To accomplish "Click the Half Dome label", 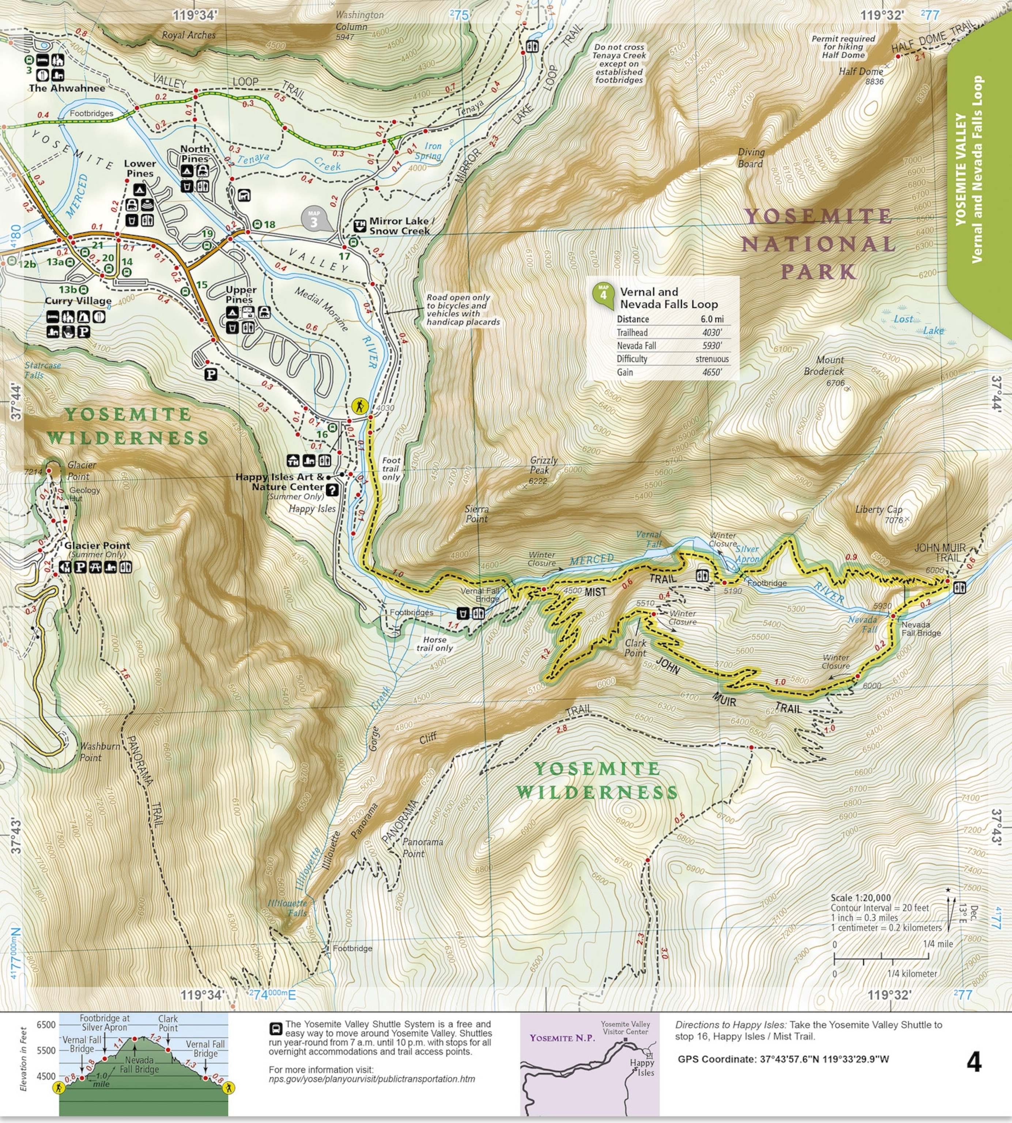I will click(x=861, y=72).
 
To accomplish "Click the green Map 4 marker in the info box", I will click(x=603, y=294).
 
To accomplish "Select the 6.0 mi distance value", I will click(x=712, y=319).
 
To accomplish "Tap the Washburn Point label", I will click(x=99, y=752).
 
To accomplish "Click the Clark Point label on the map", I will click(x=635, y=648).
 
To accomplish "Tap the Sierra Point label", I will click(x=476, y=514).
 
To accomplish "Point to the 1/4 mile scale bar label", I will click(x=937, y=944).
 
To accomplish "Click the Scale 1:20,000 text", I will click(x=860, y=898).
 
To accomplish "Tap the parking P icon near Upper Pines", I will click(x=211, y=374).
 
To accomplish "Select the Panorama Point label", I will click(x=423, y=847).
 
